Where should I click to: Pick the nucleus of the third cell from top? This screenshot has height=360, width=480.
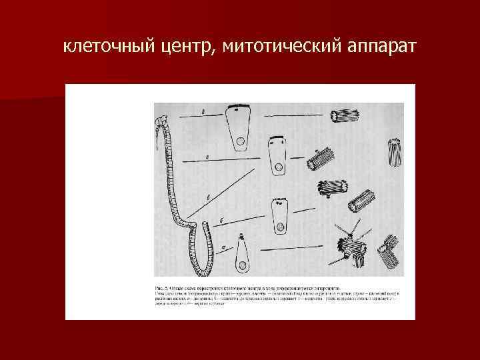pyautogui.click(x=282, y=229)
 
